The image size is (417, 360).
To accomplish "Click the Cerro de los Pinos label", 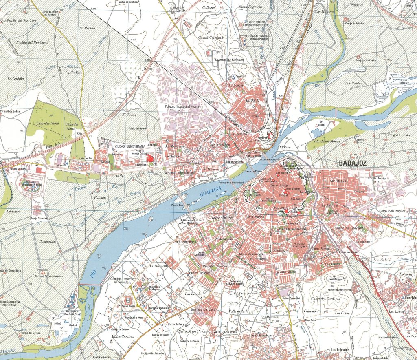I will (x=191, y=331).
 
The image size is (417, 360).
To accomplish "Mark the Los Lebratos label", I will (x=340, y=349).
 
